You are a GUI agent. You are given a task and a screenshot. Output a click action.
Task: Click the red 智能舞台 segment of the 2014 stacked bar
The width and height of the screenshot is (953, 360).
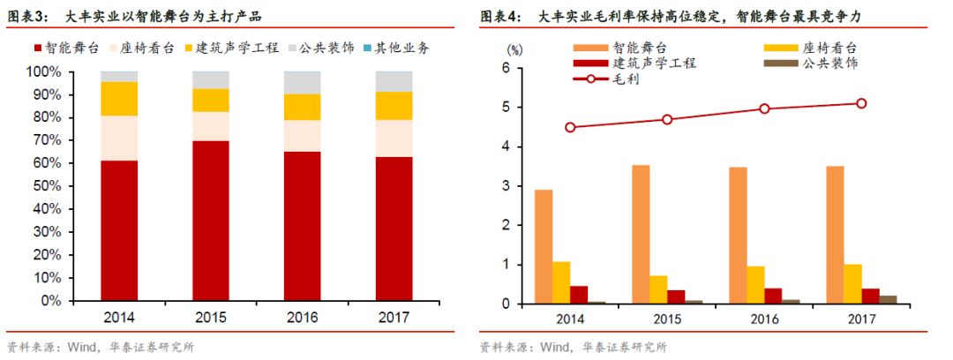point(119,229)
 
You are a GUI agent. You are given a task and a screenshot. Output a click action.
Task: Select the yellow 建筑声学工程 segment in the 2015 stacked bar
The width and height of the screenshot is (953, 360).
point(211,100)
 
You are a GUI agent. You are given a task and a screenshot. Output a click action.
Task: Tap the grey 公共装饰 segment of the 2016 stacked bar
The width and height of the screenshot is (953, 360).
point(302,82)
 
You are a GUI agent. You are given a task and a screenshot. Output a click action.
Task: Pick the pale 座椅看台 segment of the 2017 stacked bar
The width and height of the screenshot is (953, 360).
point(394,137)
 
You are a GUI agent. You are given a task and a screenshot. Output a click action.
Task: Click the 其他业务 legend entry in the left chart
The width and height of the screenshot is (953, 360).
point(395,49)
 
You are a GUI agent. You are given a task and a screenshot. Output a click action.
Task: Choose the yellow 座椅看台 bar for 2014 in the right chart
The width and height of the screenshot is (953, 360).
point(562,282)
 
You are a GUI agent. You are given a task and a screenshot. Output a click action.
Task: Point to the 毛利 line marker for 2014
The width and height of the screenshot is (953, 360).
point(570,127)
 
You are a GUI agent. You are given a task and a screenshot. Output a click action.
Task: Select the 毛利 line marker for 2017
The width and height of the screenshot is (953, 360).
point(860,103)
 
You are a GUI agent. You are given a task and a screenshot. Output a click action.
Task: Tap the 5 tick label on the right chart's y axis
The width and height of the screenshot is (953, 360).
point(507,108)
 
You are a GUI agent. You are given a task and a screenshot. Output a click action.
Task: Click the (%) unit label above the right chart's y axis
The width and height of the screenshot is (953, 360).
point(516,49)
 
